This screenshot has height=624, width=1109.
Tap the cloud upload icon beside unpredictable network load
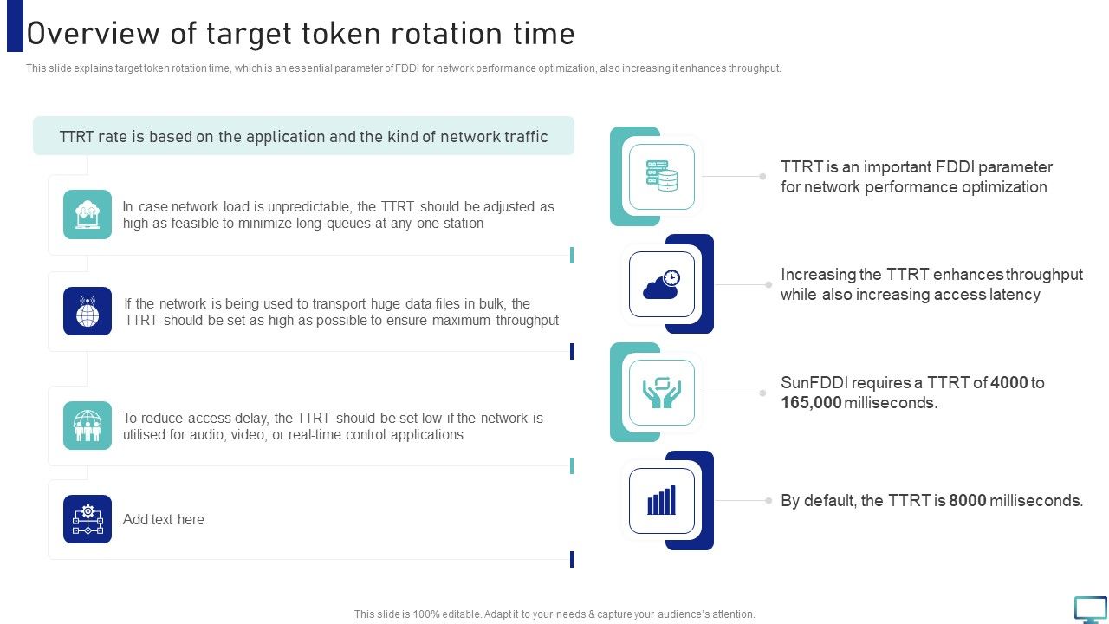(88, 214)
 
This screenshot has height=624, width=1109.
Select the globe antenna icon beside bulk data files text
(88, 311)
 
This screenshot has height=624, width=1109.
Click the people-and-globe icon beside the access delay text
(88, 426)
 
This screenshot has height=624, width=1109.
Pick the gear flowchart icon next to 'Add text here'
(88, 519)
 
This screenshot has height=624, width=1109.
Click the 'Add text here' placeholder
(164, 520)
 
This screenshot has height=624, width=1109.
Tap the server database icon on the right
(662, 177)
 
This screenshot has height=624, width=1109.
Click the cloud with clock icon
(662, 284)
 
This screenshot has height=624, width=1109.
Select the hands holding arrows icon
(662, 393)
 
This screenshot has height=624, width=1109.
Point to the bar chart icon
(662, 501)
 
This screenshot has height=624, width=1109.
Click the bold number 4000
(1008, 383)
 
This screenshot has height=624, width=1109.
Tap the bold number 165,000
(810, 403)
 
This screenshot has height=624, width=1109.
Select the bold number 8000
(967, 501)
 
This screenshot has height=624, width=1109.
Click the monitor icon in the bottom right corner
(1090, 609)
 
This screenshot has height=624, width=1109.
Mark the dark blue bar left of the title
(15, 26)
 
